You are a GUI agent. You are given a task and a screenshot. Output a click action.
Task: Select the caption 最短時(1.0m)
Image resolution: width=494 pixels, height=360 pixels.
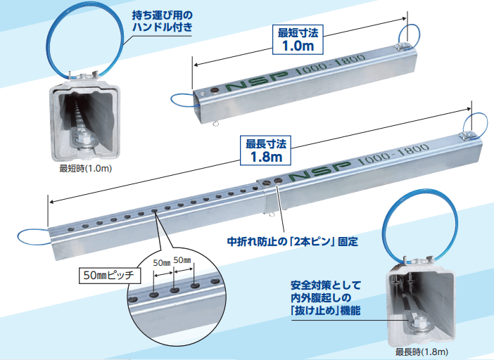[x=86, y=169]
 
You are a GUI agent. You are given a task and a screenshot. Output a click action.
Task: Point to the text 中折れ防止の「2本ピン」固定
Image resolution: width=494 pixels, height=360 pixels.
[x=292, y=241]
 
